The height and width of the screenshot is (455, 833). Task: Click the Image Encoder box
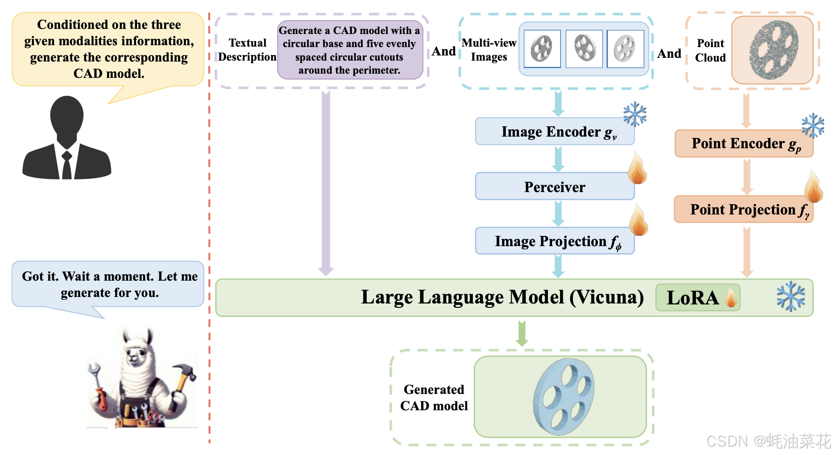[x=555, y=131]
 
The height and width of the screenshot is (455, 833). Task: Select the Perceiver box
[x=555, y=186]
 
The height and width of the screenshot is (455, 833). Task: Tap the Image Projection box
[x=555, y=241]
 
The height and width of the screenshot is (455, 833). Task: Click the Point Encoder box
[x=744, y=144]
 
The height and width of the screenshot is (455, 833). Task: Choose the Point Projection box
[x=744, y=209]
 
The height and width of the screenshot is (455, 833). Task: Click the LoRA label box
[x=697, y=297]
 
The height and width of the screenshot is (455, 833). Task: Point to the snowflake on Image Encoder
[x=635, y=115]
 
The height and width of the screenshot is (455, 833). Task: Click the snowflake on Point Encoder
[x=813, y=125]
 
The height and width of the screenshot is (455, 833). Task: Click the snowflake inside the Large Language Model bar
[x=791, y=296]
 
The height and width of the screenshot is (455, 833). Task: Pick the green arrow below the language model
[x=522, y=334]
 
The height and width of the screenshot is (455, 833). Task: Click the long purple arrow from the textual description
[x=326, y=183]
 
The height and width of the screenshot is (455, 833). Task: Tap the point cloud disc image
[x=773, y=49]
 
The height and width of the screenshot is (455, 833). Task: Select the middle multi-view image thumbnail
[x=584, y=49]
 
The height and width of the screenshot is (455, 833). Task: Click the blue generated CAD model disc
[x=564, y=396]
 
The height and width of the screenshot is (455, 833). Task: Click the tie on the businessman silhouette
[x=67, y=165]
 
